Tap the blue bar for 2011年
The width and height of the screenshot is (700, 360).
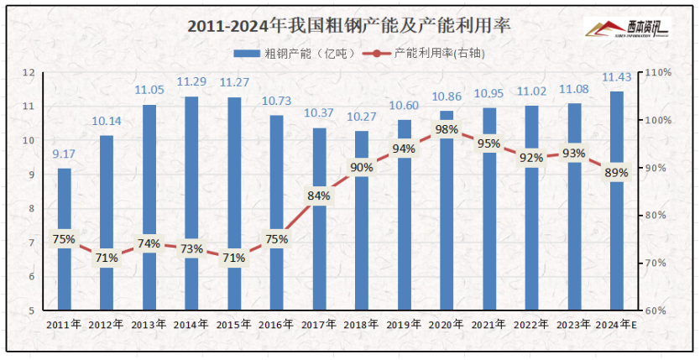(x=64, y=277)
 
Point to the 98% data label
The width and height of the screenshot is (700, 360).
(x=447, y=129)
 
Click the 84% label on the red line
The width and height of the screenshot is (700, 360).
(x=319, y=196)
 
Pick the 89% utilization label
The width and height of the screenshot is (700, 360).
(x=616, y=173)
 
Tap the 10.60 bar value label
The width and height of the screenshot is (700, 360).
(x=404, y=106)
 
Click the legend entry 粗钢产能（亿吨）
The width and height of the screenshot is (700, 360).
(x=290, y=53)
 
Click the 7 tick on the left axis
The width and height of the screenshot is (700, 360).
(x=30, y=243)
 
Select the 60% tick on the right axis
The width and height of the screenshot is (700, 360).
(x=655, y=310)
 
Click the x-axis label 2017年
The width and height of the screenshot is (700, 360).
(x=319, y=324)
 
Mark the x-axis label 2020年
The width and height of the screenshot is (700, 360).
(x=447, y=324)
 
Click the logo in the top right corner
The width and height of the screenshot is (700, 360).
(x=625, y=30)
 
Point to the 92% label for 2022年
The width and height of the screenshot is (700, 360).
(x=531, y=158)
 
